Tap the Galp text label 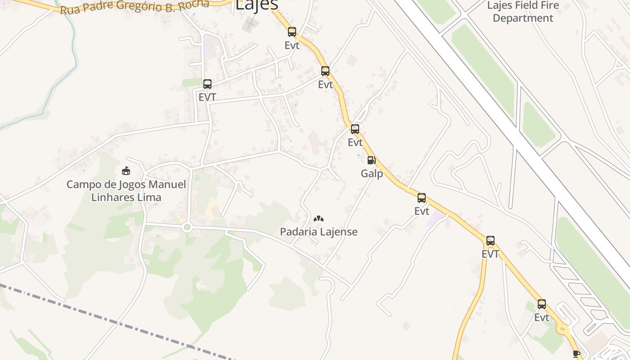tap(372, 174)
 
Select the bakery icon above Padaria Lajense tap(319, 219)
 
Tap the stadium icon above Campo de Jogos tap(126, 171)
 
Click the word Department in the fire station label tap(523, 18)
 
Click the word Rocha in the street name tap(197, 4)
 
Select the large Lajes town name tap(257, 4)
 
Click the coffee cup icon tap(576, 354)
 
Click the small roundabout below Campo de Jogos tap(187, 227)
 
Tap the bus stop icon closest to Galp tap(355, 129)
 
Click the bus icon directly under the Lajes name tap(292, 31)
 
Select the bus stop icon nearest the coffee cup tap(542, 304)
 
